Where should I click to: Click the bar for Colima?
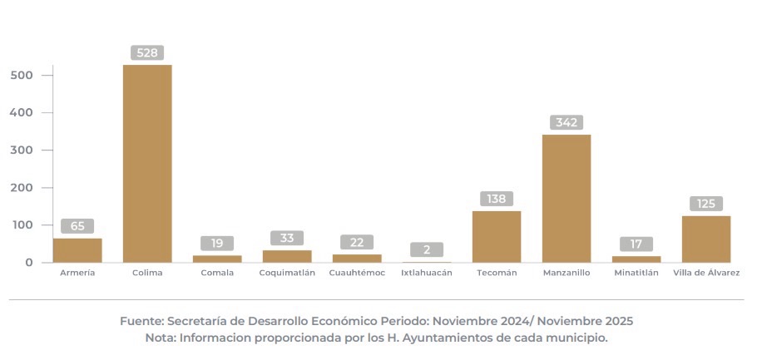point(147,164)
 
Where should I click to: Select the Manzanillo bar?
point(567,199)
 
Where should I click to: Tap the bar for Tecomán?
point(497,237)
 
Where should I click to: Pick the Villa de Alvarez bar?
point(706,239)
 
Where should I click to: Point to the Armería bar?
point(77,250)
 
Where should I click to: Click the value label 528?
point(147,52)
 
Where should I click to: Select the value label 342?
point(567,122)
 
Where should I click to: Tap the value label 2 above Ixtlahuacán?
point(427,249)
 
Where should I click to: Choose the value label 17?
point(636,244)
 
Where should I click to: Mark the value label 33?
point(287,238)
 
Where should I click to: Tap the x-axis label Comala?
point(217,273)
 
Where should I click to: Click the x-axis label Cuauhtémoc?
point(357,273)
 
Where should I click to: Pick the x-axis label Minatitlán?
point(636,273)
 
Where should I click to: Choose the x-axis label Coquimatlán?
point(287,273)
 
